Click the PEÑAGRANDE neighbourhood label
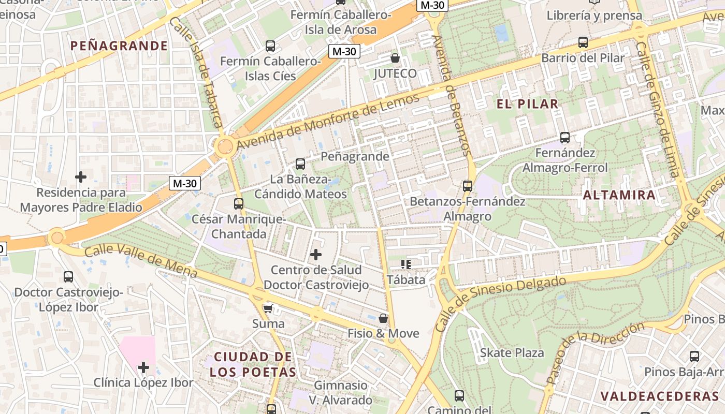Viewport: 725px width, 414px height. pos(119,46)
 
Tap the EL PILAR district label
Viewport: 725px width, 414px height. pos(528,103)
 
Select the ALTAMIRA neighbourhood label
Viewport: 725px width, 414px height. pos(619,195)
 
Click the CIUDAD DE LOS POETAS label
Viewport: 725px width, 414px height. pos(253,364)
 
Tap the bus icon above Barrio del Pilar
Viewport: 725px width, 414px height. pos(583,42)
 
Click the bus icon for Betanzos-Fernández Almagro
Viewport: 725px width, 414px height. pos(468,186)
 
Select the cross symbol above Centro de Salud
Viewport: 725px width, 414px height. pos(316,254)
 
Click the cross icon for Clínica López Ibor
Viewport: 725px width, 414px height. pos(143,368)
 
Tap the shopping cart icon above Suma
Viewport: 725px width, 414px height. pos(268,308)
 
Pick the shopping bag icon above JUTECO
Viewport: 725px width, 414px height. pos(395,58)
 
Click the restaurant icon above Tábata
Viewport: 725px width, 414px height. pos(406,264)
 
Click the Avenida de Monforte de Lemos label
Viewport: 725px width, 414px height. pos(328,123)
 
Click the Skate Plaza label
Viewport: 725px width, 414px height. pos(512,353)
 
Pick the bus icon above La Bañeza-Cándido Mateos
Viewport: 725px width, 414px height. pos(300,164)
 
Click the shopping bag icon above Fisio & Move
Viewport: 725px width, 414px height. pos(383,318)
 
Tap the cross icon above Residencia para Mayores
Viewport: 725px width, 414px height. pos(81,177)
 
